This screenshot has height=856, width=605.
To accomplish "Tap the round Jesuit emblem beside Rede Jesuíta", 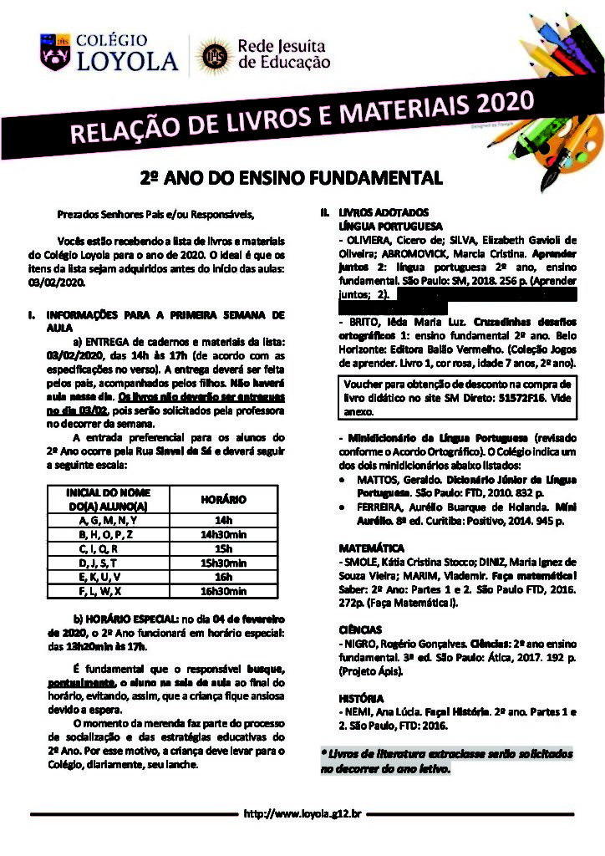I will (x=210, y=56).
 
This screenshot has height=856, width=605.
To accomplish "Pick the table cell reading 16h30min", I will (x=223, y=591).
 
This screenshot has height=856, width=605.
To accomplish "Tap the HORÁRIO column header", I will (x=223, y=499).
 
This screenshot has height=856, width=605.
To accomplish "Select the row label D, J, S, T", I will (x=108, y=563).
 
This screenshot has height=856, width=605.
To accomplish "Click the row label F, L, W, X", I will (x=108, y=591).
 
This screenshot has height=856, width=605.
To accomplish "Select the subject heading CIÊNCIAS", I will (x=361, y=629).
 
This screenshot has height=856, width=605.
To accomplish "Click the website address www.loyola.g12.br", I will (x=302, y=813).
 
